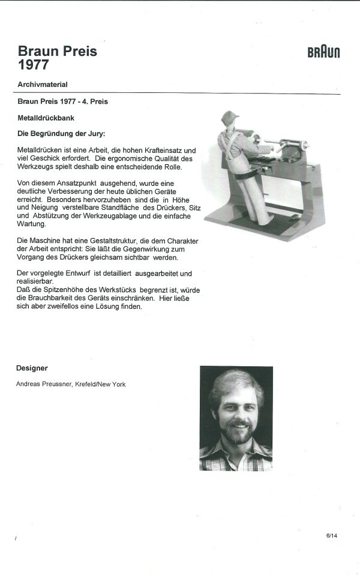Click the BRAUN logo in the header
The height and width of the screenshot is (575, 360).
point(323,52)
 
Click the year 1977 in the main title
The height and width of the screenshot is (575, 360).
point(33,65)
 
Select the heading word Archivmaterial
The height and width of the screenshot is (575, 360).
point(47,85)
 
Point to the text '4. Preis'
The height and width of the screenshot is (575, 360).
point(94,101)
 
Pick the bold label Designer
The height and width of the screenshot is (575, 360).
point(32,368)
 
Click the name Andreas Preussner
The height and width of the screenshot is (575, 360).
point(44,384)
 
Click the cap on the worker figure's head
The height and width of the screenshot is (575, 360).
point(229,117)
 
